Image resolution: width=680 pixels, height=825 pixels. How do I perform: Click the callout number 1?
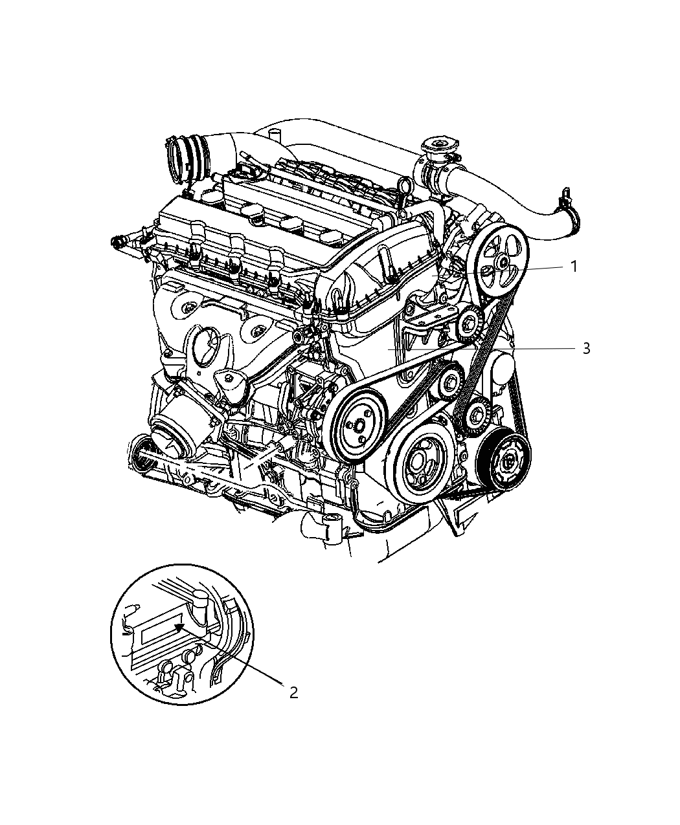(573, 267)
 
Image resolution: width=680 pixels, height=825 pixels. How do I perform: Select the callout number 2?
(293, 692)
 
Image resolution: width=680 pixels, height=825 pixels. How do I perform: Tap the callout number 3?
(586, 349)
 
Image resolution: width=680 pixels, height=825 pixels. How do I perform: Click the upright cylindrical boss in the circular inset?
(200, 603)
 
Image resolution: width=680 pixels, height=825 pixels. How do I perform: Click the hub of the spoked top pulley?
(502, 263)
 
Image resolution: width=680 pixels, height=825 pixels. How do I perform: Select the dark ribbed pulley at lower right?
(508, 460)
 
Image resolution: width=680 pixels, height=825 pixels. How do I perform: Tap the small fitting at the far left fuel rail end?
(118, 243)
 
